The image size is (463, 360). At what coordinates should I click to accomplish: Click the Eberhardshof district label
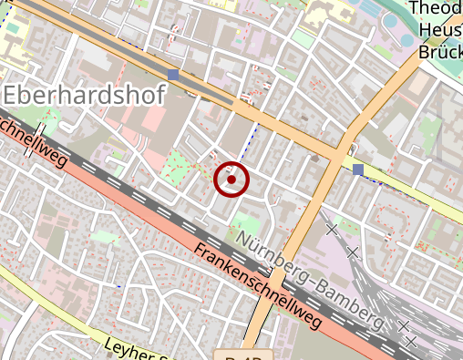(x=85, y=94)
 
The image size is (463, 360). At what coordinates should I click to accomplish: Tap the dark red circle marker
(x=231, y=180)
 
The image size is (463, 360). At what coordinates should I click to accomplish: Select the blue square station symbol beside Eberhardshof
(x=173, y=74)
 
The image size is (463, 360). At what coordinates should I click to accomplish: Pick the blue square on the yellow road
(x=357, y=170)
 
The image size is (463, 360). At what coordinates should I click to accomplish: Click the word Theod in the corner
(x=436, y=9)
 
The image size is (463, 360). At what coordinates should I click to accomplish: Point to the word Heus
(x=437, y=30)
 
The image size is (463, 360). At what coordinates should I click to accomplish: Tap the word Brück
(x=439, y=52)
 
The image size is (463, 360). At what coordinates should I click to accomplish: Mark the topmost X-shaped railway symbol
(x=332, y=229)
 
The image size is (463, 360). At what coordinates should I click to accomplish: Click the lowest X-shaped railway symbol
(x=411, y=342)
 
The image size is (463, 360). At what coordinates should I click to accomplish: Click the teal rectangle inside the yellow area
(x=14, y=26)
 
